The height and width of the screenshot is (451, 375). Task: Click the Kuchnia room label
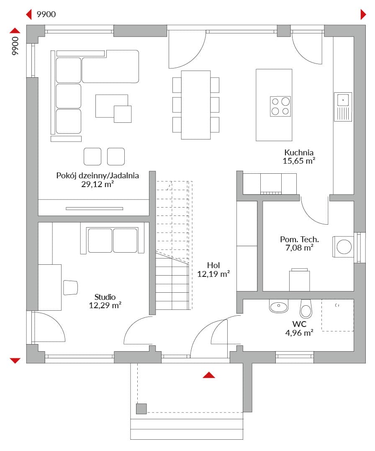(298, 152)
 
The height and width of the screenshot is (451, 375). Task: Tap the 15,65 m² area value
(298, 161)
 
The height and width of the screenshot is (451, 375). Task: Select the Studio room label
(105, 297)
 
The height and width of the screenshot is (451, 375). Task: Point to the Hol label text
(213, 265)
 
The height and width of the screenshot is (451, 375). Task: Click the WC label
(299, 324)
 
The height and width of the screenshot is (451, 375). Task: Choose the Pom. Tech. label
(300, 239)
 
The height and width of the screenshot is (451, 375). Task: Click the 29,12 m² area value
(98, 184)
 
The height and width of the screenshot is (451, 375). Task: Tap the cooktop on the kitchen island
(280, 106)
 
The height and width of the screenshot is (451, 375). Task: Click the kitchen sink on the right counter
(343, 107)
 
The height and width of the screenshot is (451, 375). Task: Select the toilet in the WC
(306, 309)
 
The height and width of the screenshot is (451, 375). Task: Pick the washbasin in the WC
(279, 306)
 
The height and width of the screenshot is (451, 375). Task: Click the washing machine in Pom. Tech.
(343, 247)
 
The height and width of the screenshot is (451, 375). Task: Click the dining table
(196, 105)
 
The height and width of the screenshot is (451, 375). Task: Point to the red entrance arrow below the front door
(209, 375)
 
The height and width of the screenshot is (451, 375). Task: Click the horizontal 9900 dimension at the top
(46, 14)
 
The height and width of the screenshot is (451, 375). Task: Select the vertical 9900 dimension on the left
(15, 46)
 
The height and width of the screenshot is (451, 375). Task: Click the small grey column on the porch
(141, 409)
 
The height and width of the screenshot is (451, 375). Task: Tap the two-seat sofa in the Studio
(113, 240)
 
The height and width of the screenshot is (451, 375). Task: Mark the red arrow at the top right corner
(363, 14)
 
